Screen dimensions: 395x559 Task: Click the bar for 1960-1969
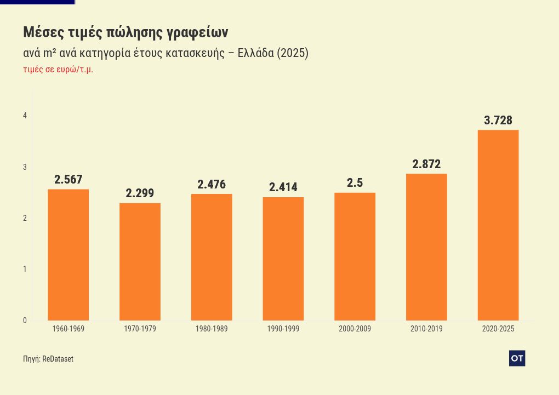click(69, 255)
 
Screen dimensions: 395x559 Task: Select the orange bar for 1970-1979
click(140, 262)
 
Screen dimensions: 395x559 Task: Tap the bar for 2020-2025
click(498, 225)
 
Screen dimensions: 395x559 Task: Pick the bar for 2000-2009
click(355, 256)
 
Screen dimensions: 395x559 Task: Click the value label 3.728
click(498, 121)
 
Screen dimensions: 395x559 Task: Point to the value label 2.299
click(140, 193)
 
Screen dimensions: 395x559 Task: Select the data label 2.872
click(426, 164)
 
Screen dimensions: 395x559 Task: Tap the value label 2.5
click(355, 183)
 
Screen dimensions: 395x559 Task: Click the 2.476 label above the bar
click(212, 185)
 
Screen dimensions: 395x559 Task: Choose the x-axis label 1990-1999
click(283, 329)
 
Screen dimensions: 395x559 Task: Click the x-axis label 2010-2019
click(426, 329)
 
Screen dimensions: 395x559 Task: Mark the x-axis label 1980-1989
click(212, 329)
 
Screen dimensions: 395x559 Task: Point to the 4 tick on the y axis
click(25, 116)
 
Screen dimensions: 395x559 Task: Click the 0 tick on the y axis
click(25, 321)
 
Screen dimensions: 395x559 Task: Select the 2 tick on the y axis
click(25, 219)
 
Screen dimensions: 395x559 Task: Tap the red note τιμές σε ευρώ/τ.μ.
click(58, 70)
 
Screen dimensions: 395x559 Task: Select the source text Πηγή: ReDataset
click(48, 359)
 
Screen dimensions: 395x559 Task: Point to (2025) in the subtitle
click(293, 54)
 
